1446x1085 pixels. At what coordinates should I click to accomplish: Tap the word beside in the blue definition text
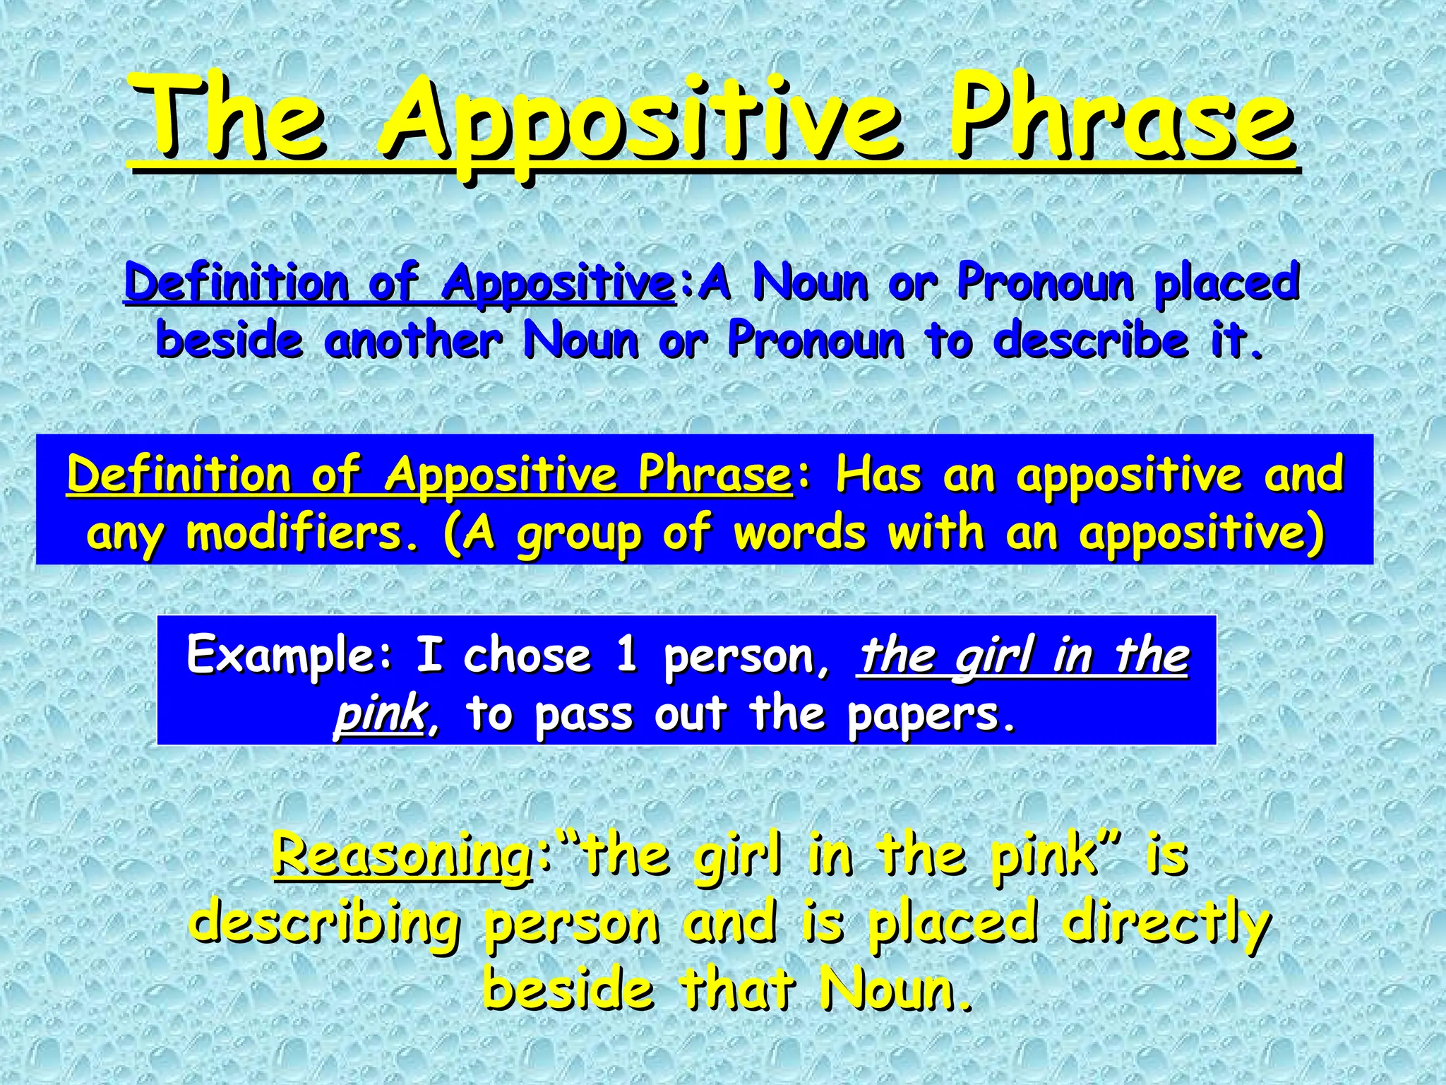(229, 340)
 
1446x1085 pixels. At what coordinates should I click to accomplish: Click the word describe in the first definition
(1091, 340)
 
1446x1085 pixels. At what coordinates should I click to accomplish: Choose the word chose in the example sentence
(526, 656)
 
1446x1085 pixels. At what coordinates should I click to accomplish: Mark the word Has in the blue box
(878, 475)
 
